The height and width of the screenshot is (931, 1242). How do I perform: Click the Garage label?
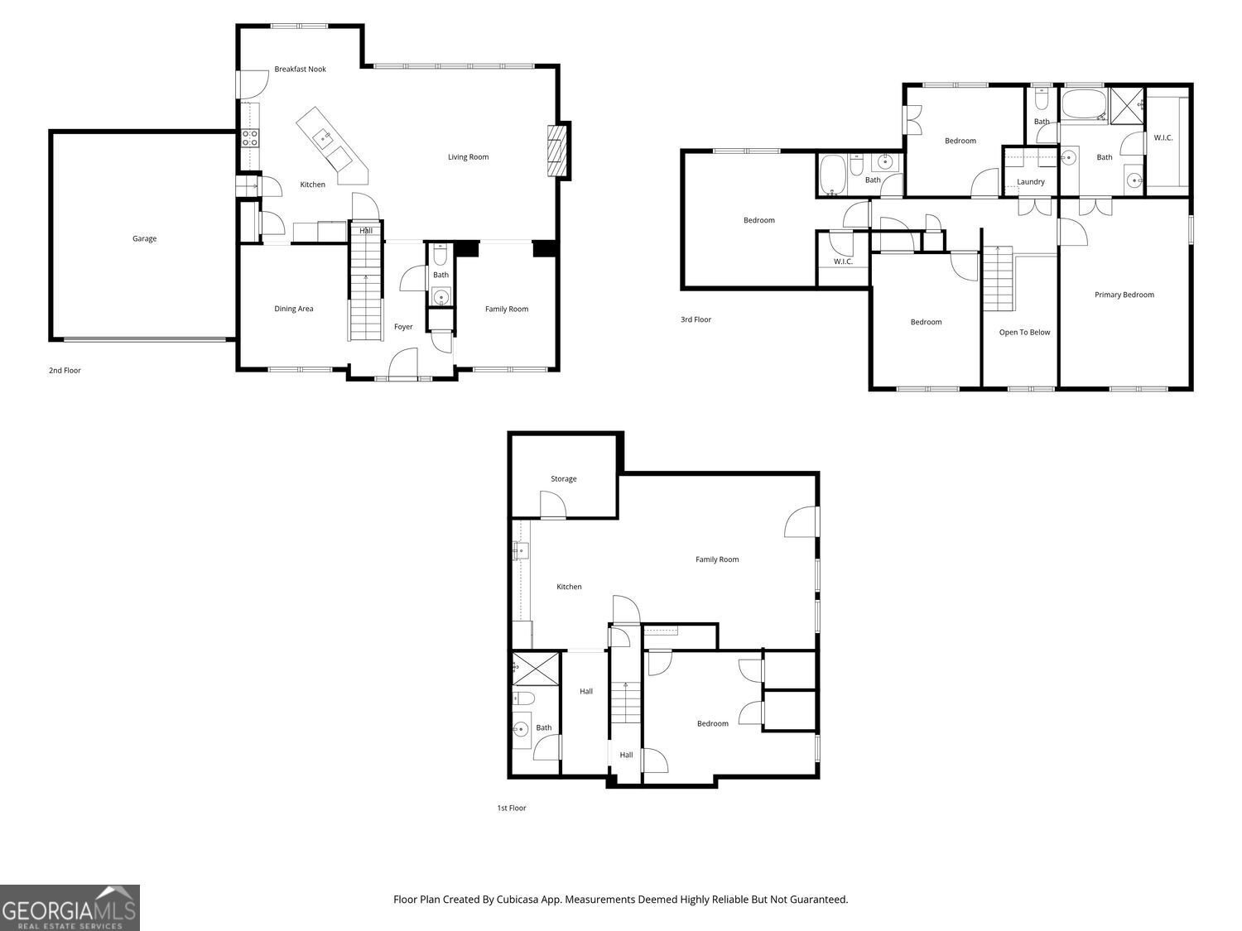[x=144, y=238]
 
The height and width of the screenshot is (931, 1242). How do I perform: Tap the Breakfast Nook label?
[x=300, y=70]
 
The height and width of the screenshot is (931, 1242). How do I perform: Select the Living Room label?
[x=468, y=157]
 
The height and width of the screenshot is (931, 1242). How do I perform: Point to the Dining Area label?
[x=294, y=309]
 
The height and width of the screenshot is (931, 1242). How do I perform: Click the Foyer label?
[x=403, y=327]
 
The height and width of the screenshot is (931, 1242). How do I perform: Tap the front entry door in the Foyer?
[x=402, y=363]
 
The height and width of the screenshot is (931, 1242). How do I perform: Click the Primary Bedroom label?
[x=1124, y=295]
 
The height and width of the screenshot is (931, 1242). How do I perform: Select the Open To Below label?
[x=1024, y=333]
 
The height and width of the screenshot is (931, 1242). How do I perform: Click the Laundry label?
[x=1030, y=182]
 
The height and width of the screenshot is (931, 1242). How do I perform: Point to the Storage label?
[x=563, y=479]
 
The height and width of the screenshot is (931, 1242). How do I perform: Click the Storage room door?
[x=552, y=506]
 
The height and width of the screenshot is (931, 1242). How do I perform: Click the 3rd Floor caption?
[x=696, y=319]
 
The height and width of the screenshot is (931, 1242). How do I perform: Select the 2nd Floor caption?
[x=65, y=371]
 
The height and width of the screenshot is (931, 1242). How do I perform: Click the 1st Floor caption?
[x=511, y=808]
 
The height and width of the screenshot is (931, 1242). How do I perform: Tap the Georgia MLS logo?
[x=70, y=907]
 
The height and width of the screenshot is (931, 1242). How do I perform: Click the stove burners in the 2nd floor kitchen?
[x=250, y=137]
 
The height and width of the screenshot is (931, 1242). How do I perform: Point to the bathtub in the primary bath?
[x=1083, y=106]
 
